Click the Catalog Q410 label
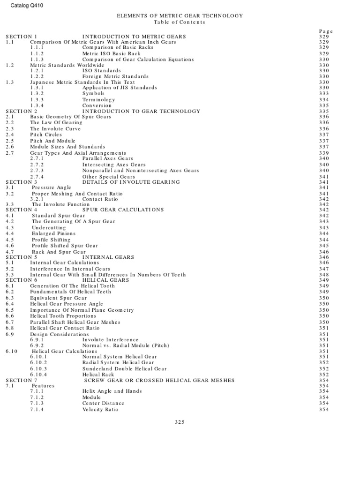click(23, 6)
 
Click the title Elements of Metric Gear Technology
click(180, 16)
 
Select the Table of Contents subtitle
click(180, 22)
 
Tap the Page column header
click(325, 31)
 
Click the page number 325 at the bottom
click(180, 422)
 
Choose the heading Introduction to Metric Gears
click(134, 37)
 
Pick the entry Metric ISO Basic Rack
click(111, 54)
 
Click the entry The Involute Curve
click(55, 129)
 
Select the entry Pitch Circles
click(46, 135)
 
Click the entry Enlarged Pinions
click(53, 233)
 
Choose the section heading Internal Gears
click(108, 257)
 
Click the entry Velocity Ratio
click(100, 410)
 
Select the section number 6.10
click(12, 351)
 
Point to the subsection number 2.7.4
click(37, 177)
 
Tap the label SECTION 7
click(21, 380)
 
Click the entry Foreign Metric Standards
click(115, 76)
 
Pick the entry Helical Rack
click(98, 375)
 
